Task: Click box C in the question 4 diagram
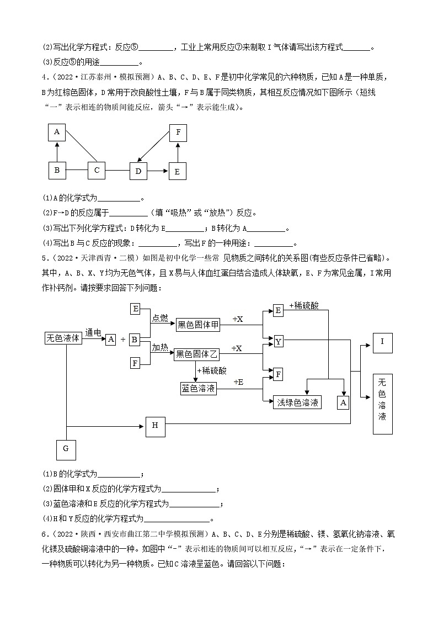(x=97, y=171)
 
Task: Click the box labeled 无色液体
(x=63, y=338)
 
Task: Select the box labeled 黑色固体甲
(x=197, y=326)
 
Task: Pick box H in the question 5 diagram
(x=155, y=425)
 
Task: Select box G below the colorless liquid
(x=66, y=449)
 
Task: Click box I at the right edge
(x=382, y=342)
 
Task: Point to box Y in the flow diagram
(x=279, y=342)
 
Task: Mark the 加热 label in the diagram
(x=160, y=346)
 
